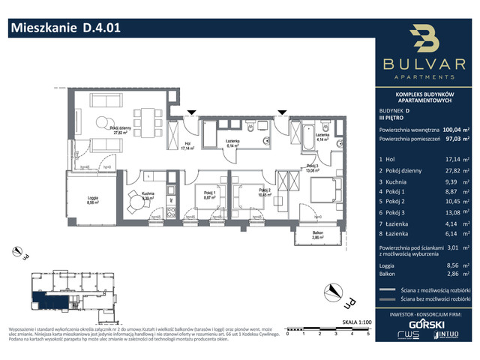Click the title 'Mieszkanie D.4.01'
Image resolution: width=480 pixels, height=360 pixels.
click(x=64, y=28)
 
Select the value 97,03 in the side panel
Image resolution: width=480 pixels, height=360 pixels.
click(x=451, y=139)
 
